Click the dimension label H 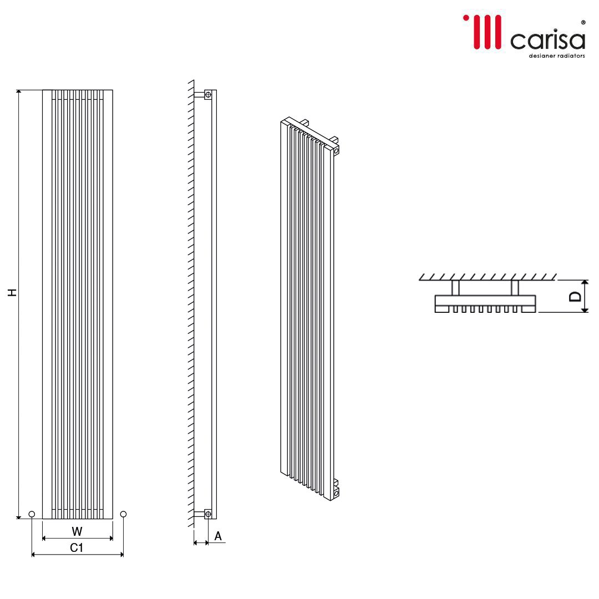point(12,292)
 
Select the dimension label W point(77,531)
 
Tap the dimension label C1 point(77,548)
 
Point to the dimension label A point(218,536)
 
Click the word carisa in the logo point(547,40)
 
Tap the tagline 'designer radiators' point(556,56)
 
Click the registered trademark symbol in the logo point(582,23)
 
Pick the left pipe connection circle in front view point(32,514)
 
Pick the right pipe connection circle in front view point(123,514)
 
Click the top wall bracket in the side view point(207,95)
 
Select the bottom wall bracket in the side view point(207,514)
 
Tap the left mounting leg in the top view point(455,287)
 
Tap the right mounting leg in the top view point(515,287)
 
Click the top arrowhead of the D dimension point(585,283)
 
